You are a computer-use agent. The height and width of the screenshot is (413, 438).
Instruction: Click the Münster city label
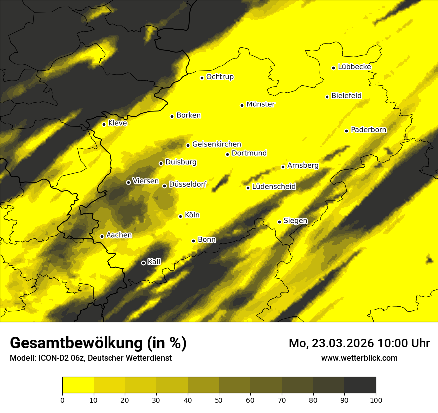[261, 104]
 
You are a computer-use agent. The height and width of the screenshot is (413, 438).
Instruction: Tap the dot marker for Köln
[181, 216]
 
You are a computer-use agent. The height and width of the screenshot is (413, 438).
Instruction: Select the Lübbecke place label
[354, 67]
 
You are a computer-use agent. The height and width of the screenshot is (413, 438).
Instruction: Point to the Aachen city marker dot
[102, 236]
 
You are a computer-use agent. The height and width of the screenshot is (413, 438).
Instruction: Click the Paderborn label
[369, 130]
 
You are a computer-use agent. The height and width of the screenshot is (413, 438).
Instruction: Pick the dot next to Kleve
[104, 124]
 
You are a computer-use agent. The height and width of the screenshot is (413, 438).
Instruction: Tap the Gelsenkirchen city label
[217, 144]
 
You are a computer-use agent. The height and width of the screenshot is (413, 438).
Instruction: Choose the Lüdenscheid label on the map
[274, 187]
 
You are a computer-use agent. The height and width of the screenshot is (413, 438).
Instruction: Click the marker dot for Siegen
[279, 222]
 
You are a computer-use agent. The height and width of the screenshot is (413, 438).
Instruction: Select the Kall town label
[154, 261]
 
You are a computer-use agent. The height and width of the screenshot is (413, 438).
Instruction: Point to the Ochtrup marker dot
[202, 78]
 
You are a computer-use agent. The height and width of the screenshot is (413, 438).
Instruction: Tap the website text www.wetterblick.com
[359, 358]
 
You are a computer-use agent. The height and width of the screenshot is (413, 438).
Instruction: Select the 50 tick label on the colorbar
[219, 400]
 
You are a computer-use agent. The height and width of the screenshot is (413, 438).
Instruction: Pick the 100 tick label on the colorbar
[376, 400]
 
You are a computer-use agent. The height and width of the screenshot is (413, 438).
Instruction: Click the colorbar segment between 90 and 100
[360, 385]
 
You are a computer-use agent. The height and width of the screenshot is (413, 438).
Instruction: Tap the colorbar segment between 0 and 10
[78, 385]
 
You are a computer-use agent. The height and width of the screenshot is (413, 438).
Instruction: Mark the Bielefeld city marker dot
[328, 97]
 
